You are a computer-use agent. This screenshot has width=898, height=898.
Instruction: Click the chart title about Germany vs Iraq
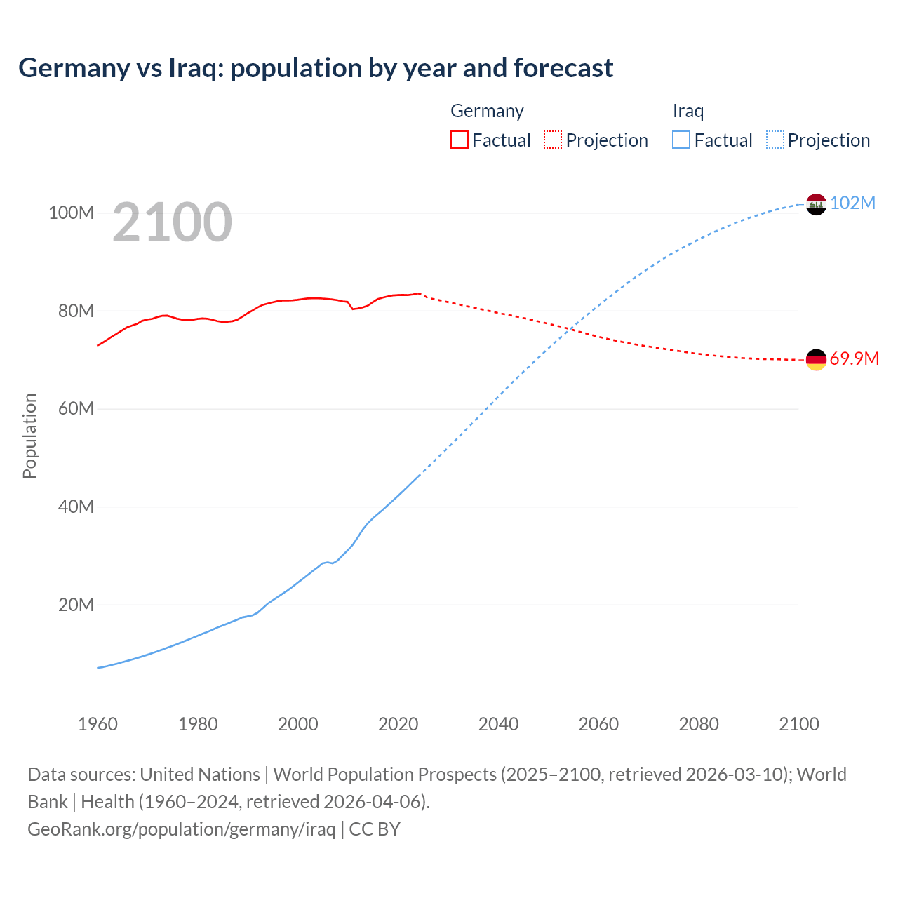[316, 68]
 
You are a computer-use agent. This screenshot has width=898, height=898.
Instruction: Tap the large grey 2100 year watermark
[172, 222]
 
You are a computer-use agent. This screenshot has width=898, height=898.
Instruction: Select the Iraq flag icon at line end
[816, 204]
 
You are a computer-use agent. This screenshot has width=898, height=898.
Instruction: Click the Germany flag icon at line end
[816, 360]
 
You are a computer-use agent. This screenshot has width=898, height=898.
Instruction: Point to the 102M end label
[852, 203]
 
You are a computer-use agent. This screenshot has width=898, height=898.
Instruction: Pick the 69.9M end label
[854, 359]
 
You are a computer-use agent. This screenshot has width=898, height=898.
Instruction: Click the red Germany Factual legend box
[460, 140]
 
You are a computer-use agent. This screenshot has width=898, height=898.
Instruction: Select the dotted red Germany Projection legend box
[553, 140]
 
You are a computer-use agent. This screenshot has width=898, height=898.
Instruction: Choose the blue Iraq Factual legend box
[681, 140]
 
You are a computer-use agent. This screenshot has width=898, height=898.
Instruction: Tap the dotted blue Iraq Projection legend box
[775, 140]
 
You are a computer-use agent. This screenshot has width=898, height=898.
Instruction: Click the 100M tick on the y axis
[71, 213]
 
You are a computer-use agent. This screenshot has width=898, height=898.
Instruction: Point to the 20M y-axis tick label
[76, 605]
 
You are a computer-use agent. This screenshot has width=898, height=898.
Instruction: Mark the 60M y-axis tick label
[76, 409]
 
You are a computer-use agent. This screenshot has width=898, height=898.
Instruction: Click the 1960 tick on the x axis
[98, 724]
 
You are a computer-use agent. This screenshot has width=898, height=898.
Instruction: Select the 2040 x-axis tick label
[498, 724]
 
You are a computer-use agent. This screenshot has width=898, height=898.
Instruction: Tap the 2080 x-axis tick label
[699, 724]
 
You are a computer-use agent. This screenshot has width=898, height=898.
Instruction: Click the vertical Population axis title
[29, 436]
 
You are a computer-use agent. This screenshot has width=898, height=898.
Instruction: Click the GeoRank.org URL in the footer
[182, 829]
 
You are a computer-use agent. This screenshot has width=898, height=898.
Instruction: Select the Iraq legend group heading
[688, 111]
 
